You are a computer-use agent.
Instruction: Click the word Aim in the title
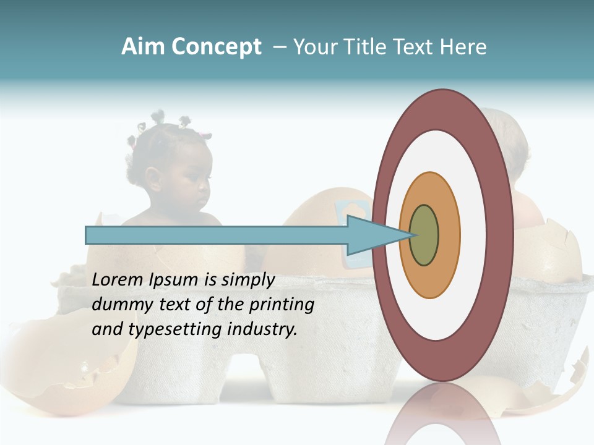pos(142,47)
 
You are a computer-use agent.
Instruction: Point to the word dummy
pos(119,305)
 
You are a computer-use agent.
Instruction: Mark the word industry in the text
pos(262,329)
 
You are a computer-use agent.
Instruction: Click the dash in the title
pos(280,48)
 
